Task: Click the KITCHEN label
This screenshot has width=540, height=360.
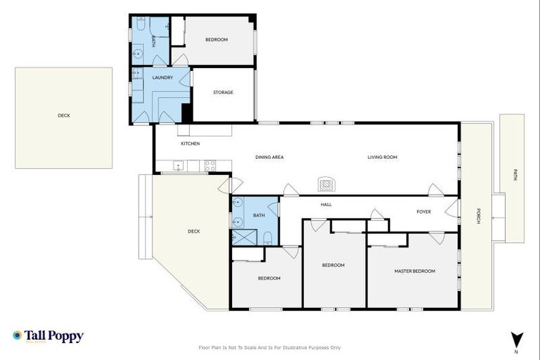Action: point(190,143)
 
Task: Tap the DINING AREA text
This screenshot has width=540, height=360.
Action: point(269,157)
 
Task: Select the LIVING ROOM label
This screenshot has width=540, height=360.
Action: point(382,157)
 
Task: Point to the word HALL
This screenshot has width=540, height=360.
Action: point(326,205)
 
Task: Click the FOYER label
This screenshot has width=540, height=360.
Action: point(423,211)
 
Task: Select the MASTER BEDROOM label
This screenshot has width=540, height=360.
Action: point(414,271)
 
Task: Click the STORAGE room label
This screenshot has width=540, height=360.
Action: point(223,92)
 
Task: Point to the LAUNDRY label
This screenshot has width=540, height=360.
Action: point(162,77)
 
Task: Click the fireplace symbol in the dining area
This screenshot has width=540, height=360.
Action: point(327,184)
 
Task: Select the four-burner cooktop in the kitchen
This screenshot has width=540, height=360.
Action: point(210,166)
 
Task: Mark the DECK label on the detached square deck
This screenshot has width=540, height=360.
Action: point(63,115)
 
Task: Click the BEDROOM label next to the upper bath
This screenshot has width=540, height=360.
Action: point(217,39)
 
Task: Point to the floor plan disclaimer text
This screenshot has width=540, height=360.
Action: point(270,347)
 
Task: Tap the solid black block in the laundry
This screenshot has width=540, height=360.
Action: point(186,112)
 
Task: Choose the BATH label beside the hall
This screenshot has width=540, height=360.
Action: point(259,215)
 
